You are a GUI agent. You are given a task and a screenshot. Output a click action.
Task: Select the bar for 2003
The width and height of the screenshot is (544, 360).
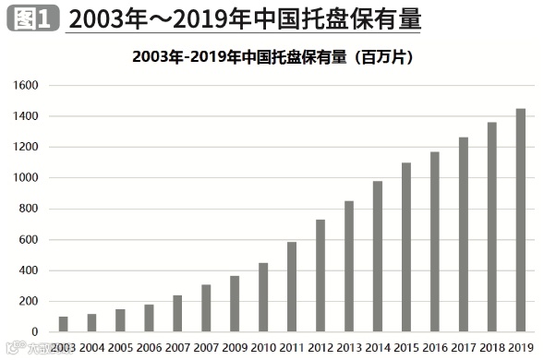coord(63,324)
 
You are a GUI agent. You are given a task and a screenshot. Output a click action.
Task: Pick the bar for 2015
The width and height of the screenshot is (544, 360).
coord(406,246)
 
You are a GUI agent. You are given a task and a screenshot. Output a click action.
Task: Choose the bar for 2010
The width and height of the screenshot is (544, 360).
coord(263,297)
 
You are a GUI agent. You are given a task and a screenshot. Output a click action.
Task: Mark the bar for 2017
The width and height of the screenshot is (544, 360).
coord(464,234)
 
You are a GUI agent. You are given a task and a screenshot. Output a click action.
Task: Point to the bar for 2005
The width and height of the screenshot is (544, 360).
coord(120,320)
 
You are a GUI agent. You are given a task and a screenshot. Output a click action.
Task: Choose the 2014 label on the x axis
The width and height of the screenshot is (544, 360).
coord(378,347)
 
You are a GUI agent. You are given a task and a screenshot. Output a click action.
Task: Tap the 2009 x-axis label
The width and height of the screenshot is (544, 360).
coord(235,347)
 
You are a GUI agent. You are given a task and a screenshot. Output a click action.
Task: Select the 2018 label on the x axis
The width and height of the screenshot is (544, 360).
coord(492,347)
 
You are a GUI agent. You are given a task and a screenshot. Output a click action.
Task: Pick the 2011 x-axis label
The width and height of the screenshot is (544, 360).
coord(292,347)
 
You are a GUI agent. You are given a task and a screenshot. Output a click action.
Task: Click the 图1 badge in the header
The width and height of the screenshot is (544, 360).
coord(32,17)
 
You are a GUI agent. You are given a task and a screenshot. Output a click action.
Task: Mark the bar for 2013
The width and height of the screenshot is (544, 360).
coord(349,266)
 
